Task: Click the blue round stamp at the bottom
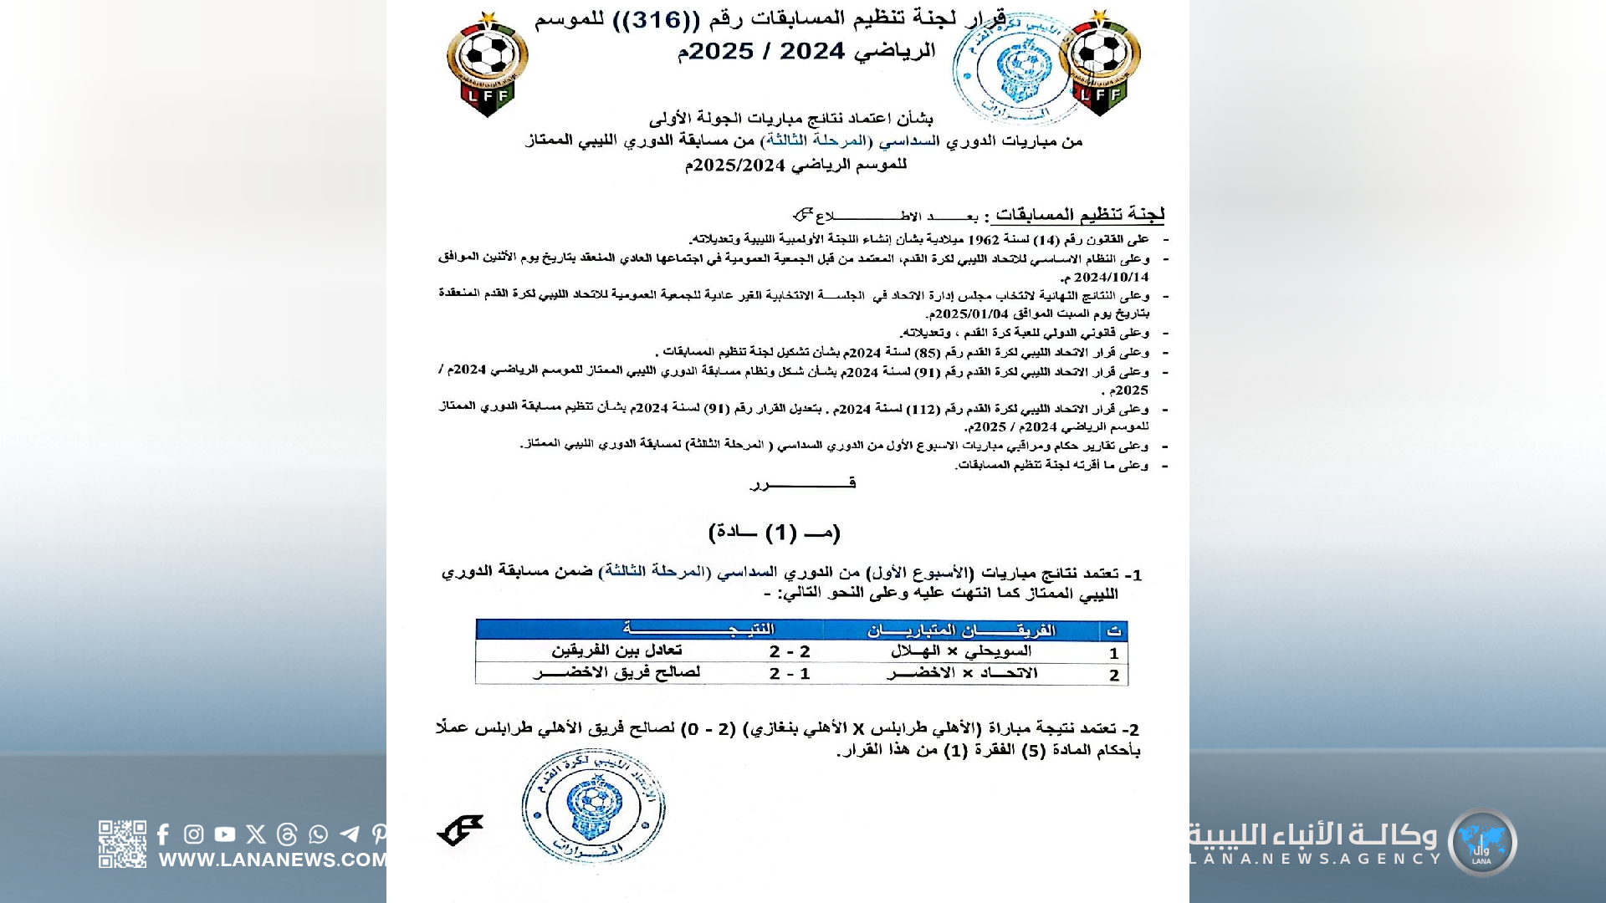[593, 805]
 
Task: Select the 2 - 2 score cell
[790, 651]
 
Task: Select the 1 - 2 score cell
[790, 673]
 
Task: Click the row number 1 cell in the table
[1114, 653]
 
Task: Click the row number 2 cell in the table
[1114, 675]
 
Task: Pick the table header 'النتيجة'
[698, 630]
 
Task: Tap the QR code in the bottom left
[122, 844]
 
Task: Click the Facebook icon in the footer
[163, 834]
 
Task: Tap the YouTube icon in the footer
[224, 834]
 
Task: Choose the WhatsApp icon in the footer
[318, 834]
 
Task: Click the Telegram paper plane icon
[350, 834]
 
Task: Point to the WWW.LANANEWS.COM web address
[273, 860]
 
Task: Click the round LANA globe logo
[1482, 842]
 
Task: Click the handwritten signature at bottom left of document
[460, 829]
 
